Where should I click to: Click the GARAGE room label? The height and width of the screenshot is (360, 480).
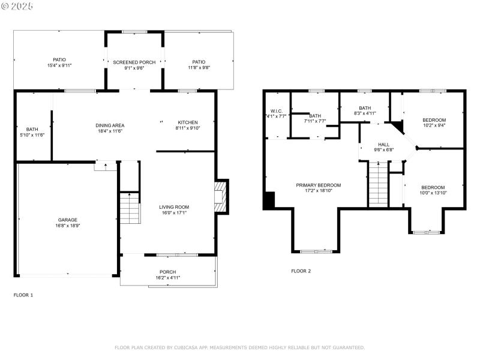point(67,220)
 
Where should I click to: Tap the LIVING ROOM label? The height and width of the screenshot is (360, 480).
point(173,206)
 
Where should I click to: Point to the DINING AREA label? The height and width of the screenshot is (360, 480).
point(110,125)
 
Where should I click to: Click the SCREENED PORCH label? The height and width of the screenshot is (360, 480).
point(135,62)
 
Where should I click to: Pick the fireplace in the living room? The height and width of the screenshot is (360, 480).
point(220,196)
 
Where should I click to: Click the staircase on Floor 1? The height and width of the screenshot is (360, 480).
point(130,208)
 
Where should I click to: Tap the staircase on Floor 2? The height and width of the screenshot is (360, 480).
point(378,186)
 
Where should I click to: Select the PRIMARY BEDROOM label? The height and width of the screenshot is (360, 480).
point(318,185)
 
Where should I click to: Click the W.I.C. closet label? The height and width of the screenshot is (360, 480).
point(276,110)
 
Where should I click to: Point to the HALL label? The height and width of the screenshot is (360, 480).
point(383,145)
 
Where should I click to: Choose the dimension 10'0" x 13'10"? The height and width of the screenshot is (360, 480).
point(432,193)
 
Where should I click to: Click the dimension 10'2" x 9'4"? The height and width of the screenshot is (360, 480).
point(434,125)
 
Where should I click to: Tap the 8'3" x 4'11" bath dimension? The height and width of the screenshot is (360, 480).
point(364,113)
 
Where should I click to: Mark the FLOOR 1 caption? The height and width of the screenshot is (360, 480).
point(23,295)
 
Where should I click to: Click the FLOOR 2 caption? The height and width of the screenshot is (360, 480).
point(301,271)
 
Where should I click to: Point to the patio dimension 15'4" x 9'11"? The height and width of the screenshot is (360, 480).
point(59,65)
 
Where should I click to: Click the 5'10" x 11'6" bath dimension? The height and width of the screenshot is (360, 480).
point(32,134)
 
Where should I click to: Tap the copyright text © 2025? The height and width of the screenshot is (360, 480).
point(17,5)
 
